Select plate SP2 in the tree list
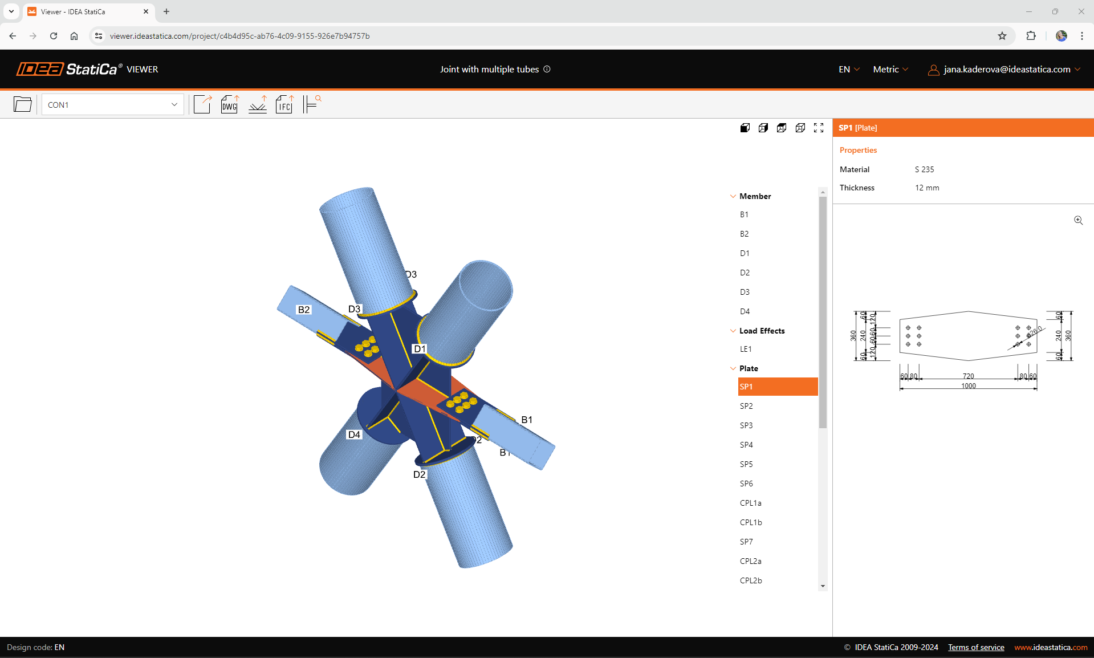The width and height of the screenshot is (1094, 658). pos(746,406)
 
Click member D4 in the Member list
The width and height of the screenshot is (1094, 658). pos(745,311)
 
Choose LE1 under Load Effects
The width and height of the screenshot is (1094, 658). pos(746,349)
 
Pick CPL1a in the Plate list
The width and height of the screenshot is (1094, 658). pos(750,503)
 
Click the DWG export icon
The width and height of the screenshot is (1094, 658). pos(230,104)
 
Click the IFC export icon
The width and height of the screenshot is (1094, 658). pos(284,104)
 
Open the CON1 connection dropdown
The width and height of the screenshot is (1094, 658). pos(112,105)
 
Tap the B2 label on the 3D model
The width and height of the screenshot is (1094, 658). pos(304,310)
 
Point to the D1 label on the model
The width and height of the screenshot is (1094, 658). pos(420,348)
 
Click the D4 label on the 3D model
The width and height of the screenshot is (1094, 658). pos(354,434)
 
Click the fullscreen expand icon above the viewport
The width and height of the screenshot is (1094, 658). pos(819,128)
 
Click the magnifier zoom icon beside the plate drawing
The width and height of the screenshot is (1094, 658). pos(1078,220)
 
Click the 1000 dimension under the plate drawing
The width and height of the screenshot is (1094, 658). pos(969,386)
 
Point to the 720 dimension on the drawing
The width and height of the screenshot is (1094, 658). pos(969,376)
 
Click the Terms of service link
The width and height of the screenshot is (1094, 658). pos(976,647)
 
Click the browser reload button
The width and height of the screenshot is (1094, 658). pos(54,36)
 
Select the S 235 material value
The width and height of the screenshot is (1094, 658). pos(924,169)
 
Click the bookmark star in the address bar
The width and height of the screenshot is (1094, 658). pos(1002,36)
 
